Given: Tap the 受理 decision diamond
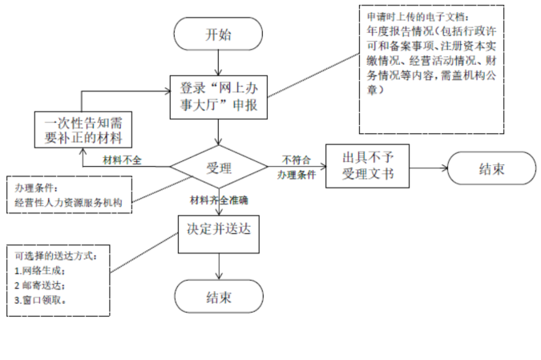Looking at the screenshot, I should [218, 168].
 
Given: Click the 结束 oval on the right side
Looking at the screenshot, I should [491, 168].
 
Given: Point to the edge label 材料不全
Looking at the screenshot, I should [122, 160].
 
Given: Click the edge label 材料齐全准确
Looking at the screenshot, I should [219, 199].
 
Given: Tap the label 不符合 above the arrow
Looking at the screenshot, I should [296, 159].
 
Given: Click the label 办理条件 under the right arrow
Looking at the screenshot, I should [296, 174].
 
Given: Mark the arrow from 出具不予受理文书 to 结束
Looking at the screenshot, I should [427, 168].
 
